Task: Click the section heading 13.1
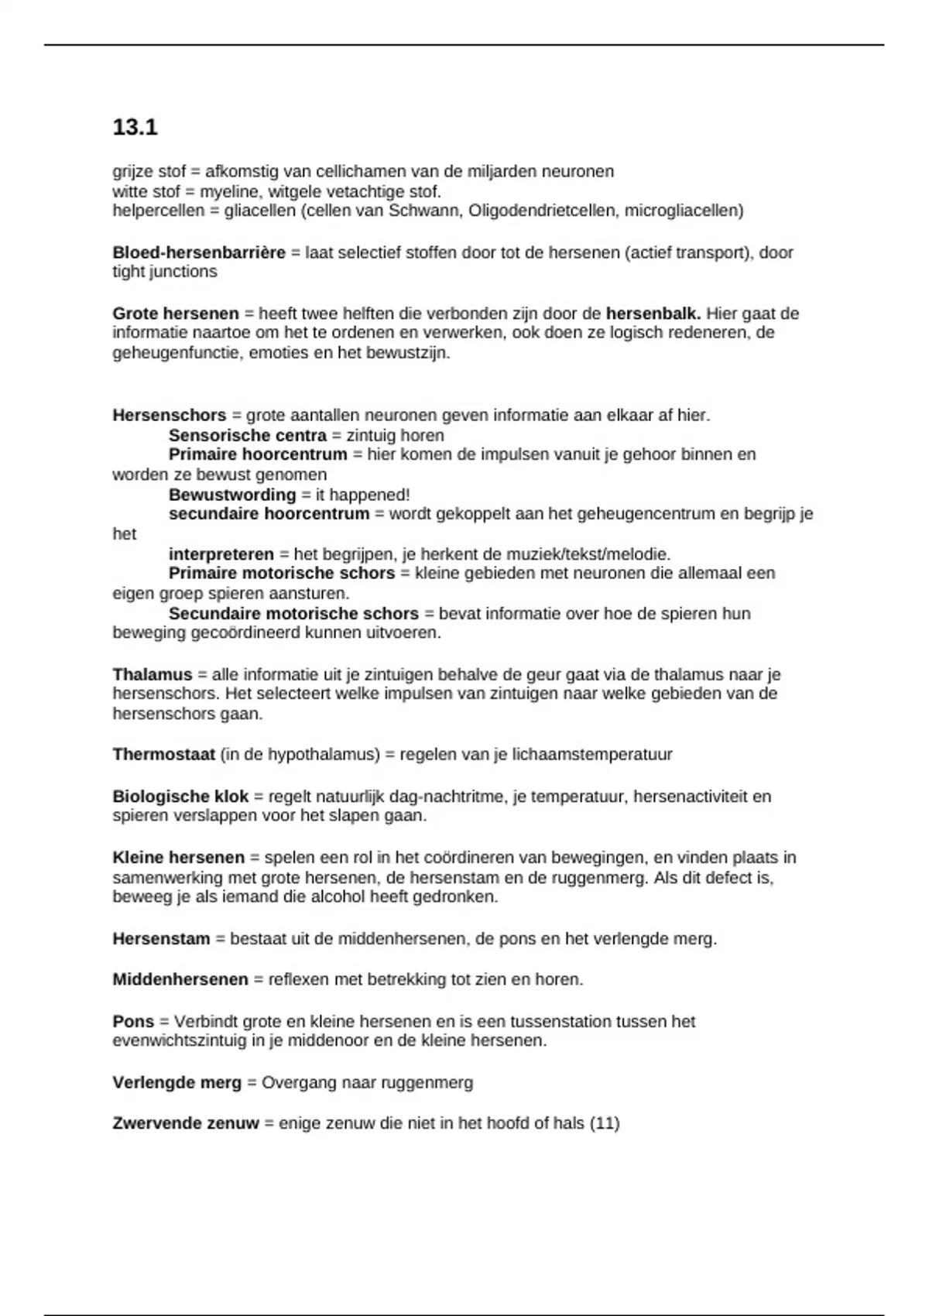[135, 127]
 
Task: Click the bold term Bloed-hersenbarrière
[199, 252]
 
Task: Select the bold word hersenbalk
[653, 314]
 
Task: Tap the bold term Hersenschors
[169, 415]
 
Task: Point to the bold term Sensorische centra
[247, 435]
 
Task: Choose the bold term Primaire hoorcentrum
[257, 454]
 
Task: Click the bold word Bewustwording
[231, 495]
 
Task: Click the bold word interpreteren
[221, 554]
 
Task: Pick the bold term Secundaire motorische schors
[293, 614]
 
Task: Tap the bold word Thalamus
[152, 674]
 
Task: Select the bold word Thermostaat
[163, 754]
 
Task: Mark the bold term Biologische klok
[180, 796]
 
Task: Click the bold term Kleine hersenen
[178, 858]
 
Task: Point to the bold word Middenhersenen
[180, 979]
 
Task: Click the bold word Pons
[133, 1021]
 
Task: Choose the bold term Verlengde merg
[177, 1082]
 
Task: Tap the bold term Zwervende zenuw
[185, 1123]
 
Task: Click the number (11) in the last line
[605, 1123]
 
